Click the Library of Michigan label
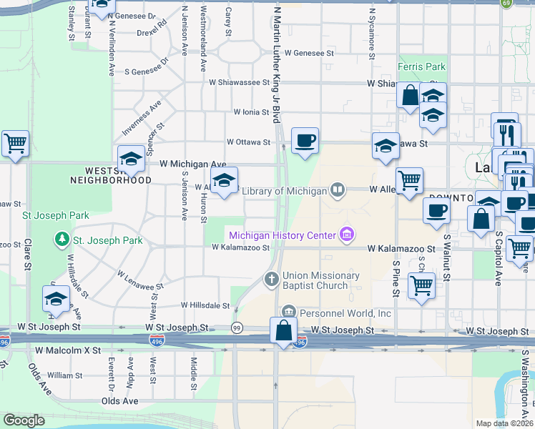(x=284, y=191)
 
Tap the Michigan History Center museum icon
(x=347, y=235)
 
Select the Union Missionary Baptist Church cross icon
(x=271, y=280)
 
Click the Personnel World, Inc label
(x=345, y=313)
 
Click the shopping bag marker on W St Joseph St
(x=284, y=331)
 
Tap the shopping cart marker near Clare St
(x=15, y=144)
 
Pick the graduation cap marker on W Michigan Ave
(x=131, y=159)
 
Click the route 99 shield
(x=237, y=327)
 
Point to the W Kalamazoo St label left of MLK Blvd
(x=240, y=247)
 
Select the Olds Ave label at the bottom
(x=119, y=401)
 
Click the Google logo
(x=24, y=420)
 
